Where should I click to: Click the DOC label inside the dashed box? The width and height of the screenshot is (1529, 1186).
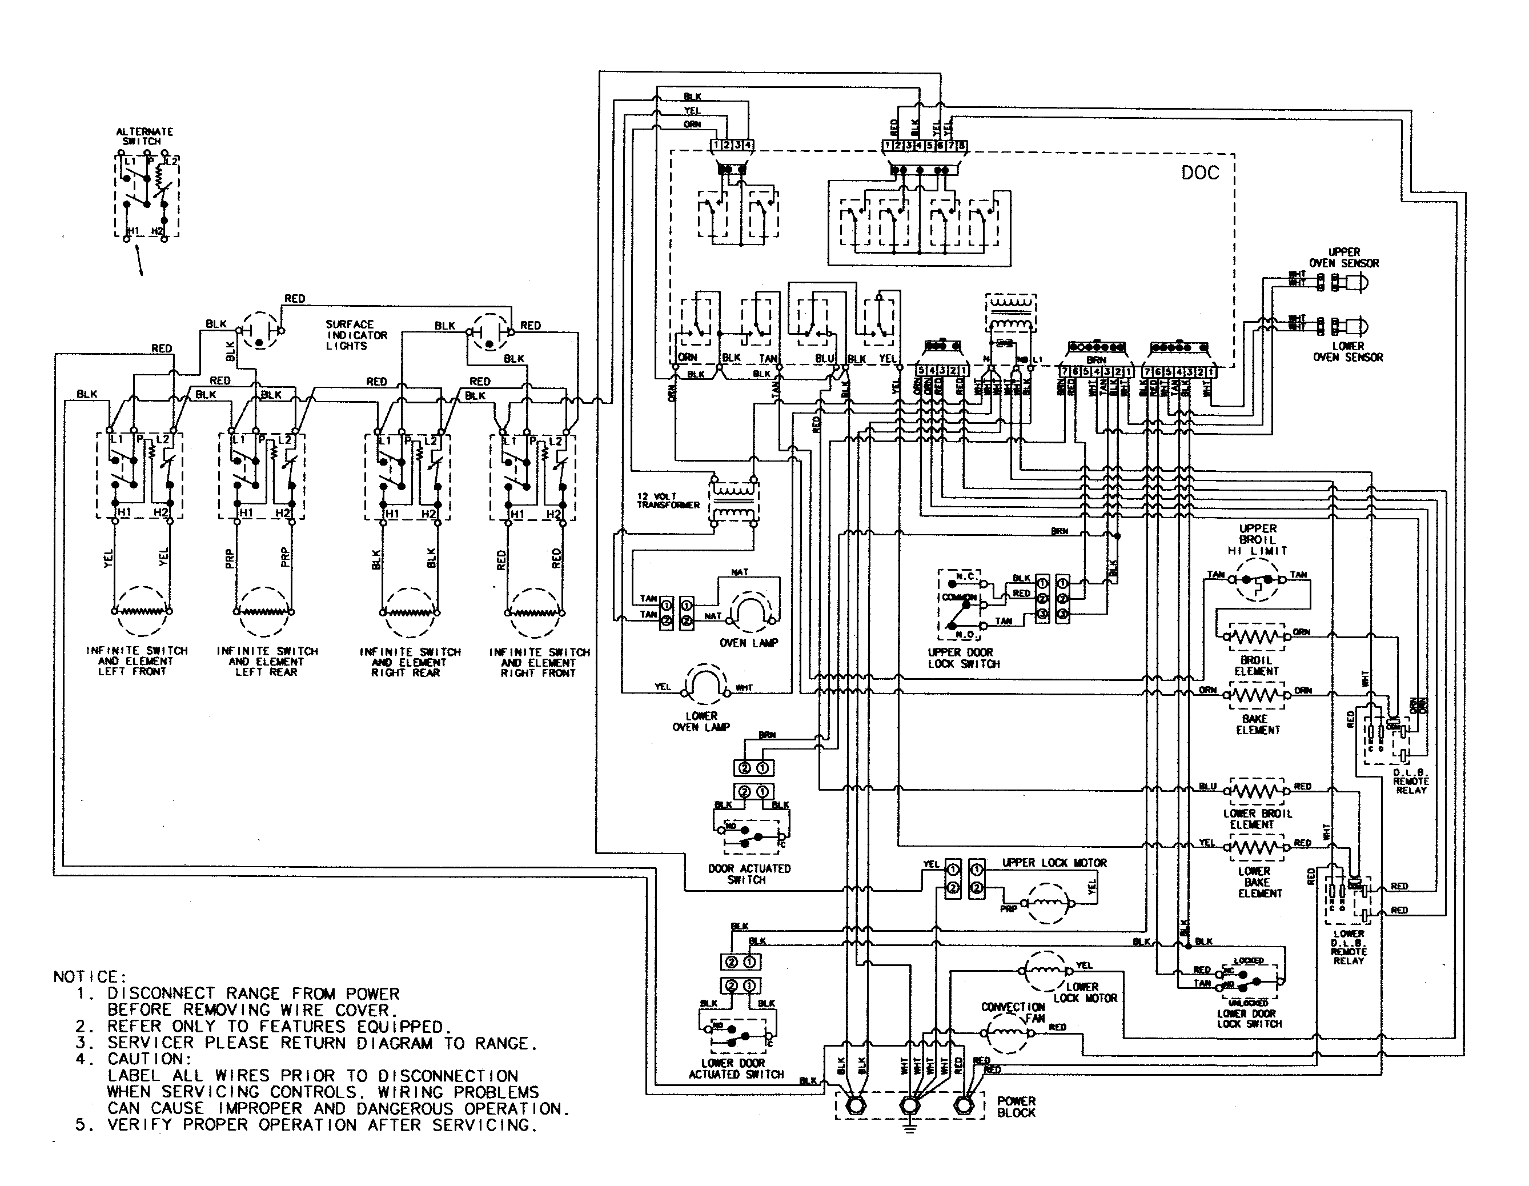point(1200,173)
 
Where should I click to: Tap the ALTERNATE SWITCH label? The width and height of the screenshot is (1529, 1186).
point(145,136)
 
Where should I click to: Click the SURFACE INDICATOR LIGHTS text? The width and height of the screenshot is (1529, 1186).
point(356,335)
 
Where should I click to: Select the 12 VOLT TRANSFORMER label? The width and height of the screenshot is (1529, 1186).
point(667,500)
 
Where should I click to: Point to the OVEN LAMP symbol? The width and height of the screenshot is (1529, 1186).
point(750,609)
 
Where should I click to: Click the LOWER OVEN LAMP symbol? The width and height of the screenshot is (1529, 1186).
point(701,683)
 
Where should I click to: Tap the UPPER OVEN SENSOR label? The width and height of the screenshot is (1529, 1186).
point(1343,258)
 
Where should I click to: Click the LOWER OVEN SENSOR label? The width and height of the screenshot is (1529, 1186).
point(1348,351)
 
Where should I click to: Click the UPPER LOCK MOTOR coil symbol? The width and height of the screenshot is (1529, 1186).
point(1048,903)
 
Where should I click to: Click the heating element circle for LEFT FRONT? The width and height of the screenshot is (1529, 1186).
point(142,611)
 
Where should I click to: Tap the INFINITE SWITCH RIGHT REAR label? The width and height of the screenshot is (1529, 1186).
point(410,662)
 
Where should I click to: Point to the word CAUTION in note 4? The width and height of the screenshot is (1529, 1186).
point(149,1059)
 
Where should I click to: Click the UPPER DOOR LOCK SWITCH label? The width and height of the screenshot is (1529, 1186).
point(964,658)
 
